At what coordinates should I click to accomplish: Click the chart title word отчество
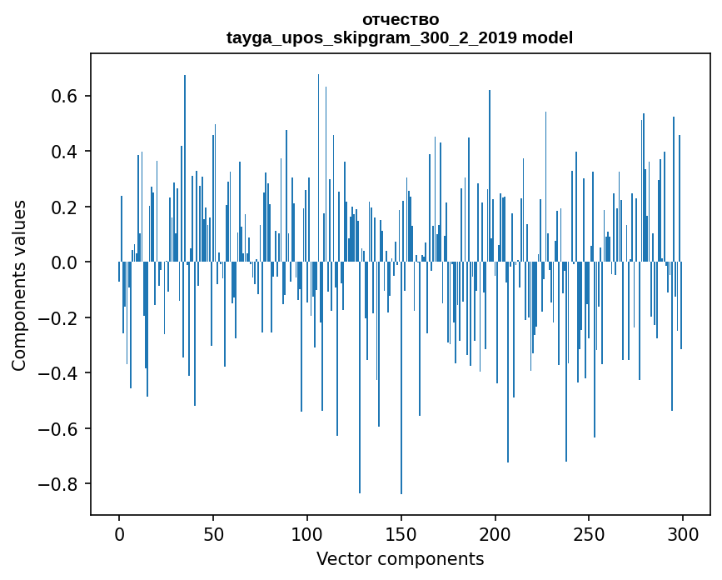point(400,19)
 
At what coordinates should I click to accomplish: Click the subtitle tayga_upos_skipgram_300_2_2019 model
point(400,37)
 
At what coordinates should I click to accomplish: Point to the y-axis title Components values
point(18,285)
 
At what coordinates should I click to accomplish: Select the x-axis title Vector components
point(400,558)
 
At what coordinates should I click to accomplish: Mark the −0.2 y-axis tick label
point(57,317)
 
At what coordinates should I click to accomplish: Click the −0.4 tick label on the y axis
point(57,373)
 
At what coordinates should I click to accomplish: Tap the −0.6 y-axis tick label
point(57,428)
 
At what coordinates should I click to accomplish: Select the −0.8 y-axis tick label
point(57,484)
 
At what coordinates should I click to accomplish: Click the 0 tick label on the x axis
point(119,533)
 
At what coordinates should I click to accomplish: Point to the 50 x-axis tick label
point(213,533)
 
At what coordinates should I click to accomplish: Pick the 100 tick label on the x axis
point(307,533)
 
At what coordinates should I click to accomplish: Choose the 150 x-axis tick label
point(401,533)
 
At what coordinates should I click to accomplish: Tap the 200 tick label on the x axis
point(495,533)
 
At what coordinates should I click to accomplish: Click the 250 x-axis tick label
point(590,533)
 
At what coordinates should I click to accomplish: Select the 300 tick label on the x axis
point(683,533)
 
